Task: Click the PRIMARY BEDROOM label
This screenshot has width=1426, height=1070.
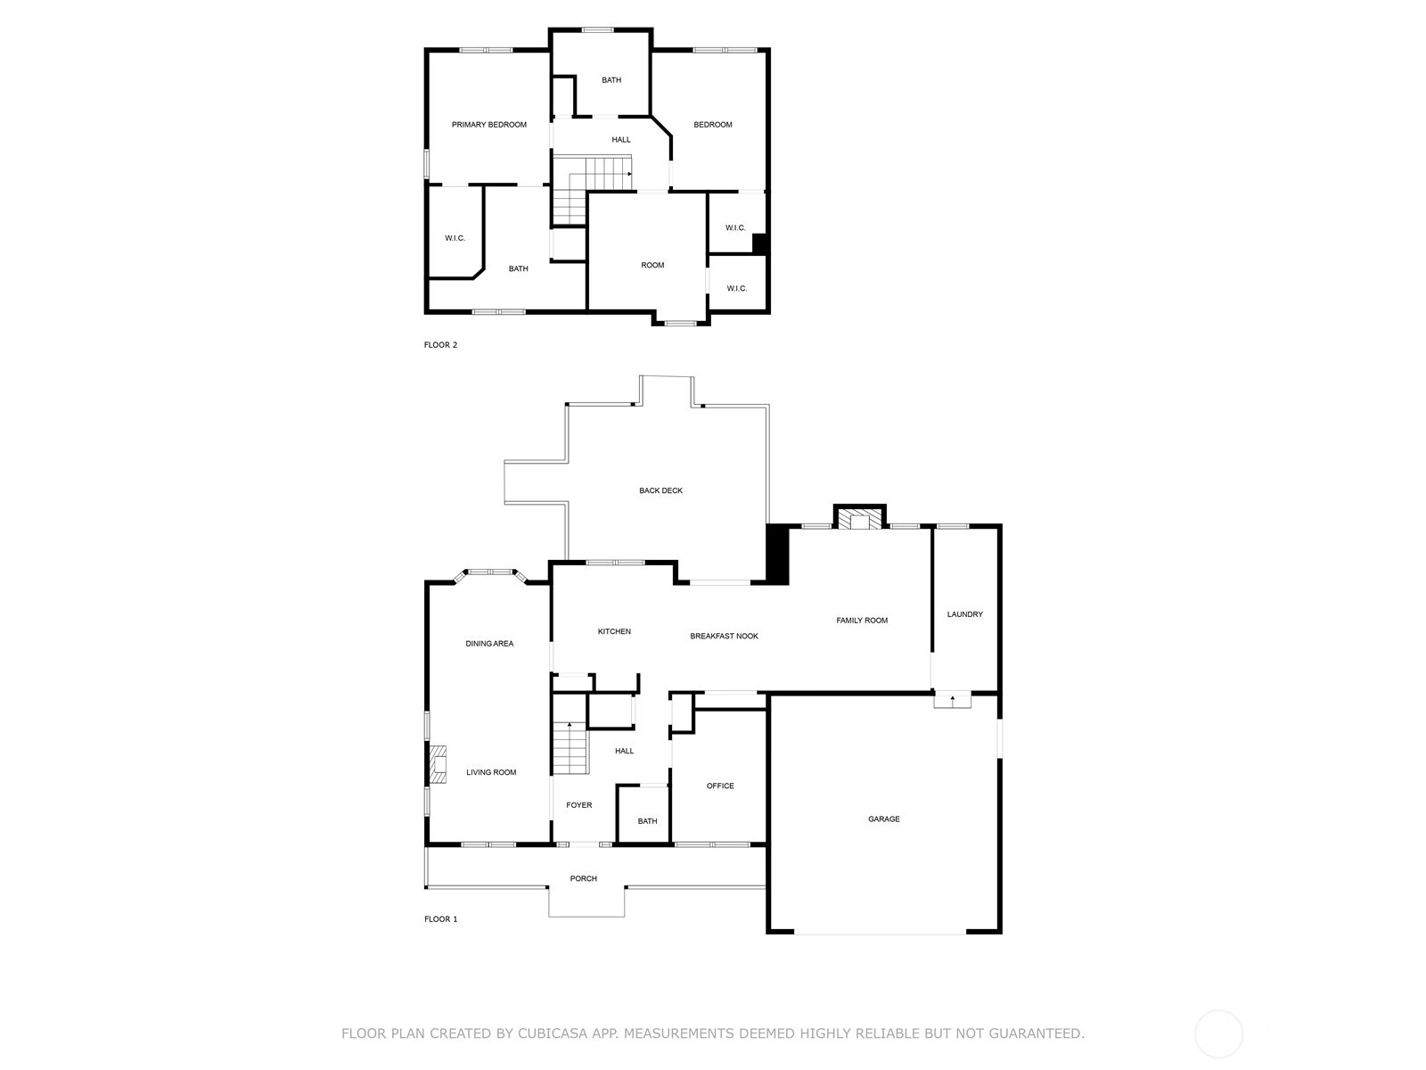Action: [488, 125]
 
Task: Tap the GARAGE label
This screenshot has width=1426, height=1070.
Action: [883, 819]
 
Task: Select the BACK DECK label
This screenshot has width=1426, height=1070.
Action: [660, 490]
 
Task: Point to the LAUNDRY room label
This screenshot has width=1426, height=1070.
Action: [964, 614]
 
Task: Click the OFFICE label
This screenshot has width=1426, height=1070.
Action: [720, 786]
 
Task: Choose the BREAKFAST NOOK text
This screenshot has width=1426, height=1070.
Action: [724, 636]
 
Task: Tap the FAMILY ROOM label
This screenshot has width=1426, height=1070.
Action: [862, 621]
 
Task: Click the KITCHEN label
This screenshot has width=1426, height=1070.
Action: [614, 631]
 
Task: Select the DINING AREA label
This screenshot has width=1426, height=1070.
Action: [489, 644]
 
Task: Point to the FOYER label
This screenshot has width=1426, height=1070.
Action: [578, 805]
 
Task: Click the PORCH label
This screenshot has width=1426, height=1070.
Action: [584, 878]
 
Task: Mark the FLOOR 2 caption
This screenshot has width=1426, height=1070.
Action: [440, 345]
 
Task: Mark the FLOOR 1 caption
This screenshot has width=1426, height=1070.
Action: [440, 919]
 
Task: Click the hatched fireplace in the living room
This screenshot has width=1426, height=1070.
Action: [438, 764]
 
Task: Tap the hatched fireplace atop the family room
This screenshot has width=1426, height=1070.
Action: [859, 518]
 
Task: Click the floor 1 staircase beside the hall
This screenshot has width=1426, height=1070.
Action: [570, 747]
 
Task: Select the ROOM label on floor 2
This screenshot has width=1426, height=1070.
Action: [652, 265]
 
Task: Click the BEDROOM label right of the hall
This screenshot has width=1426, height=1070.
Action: [713, 125]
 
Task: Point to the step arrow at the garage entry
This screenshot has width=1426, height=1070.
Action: [953, 700]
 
